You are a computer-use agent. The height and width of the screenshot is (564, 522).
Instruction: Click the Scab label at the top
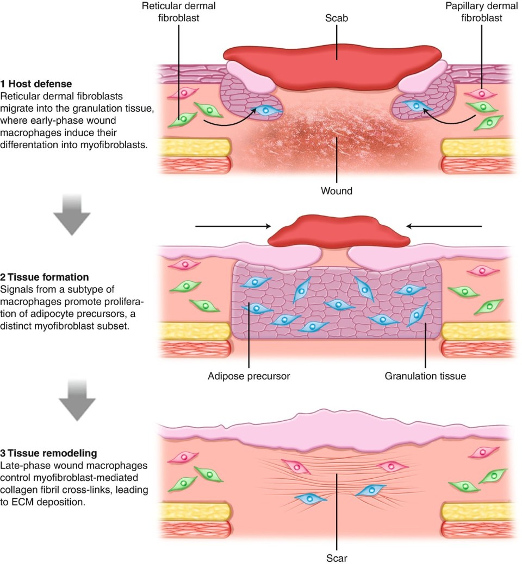337,18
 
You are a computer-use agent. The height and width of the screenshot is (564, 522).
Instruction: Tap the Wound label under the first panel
337,191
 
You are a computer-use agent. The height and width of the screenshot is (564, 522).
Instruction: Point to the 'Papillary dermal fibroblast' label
481,12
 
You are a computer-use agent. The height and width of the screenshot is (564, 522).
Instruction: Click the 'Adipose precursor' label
248,375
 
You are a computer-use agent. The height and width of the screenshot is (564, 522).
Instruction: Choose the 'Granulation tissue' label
425,375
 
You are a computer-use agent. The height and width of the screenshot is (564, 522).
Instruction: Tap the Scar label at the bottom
337,557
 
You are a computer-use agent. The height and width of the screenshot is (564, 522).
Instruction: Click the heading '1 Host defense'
36,84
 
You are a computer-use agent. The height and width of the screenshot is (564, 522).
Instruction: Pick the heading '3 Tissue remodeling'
47,453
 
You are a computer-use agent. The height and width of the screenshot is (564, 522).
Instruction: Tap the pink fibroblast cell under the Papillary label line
481,94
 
